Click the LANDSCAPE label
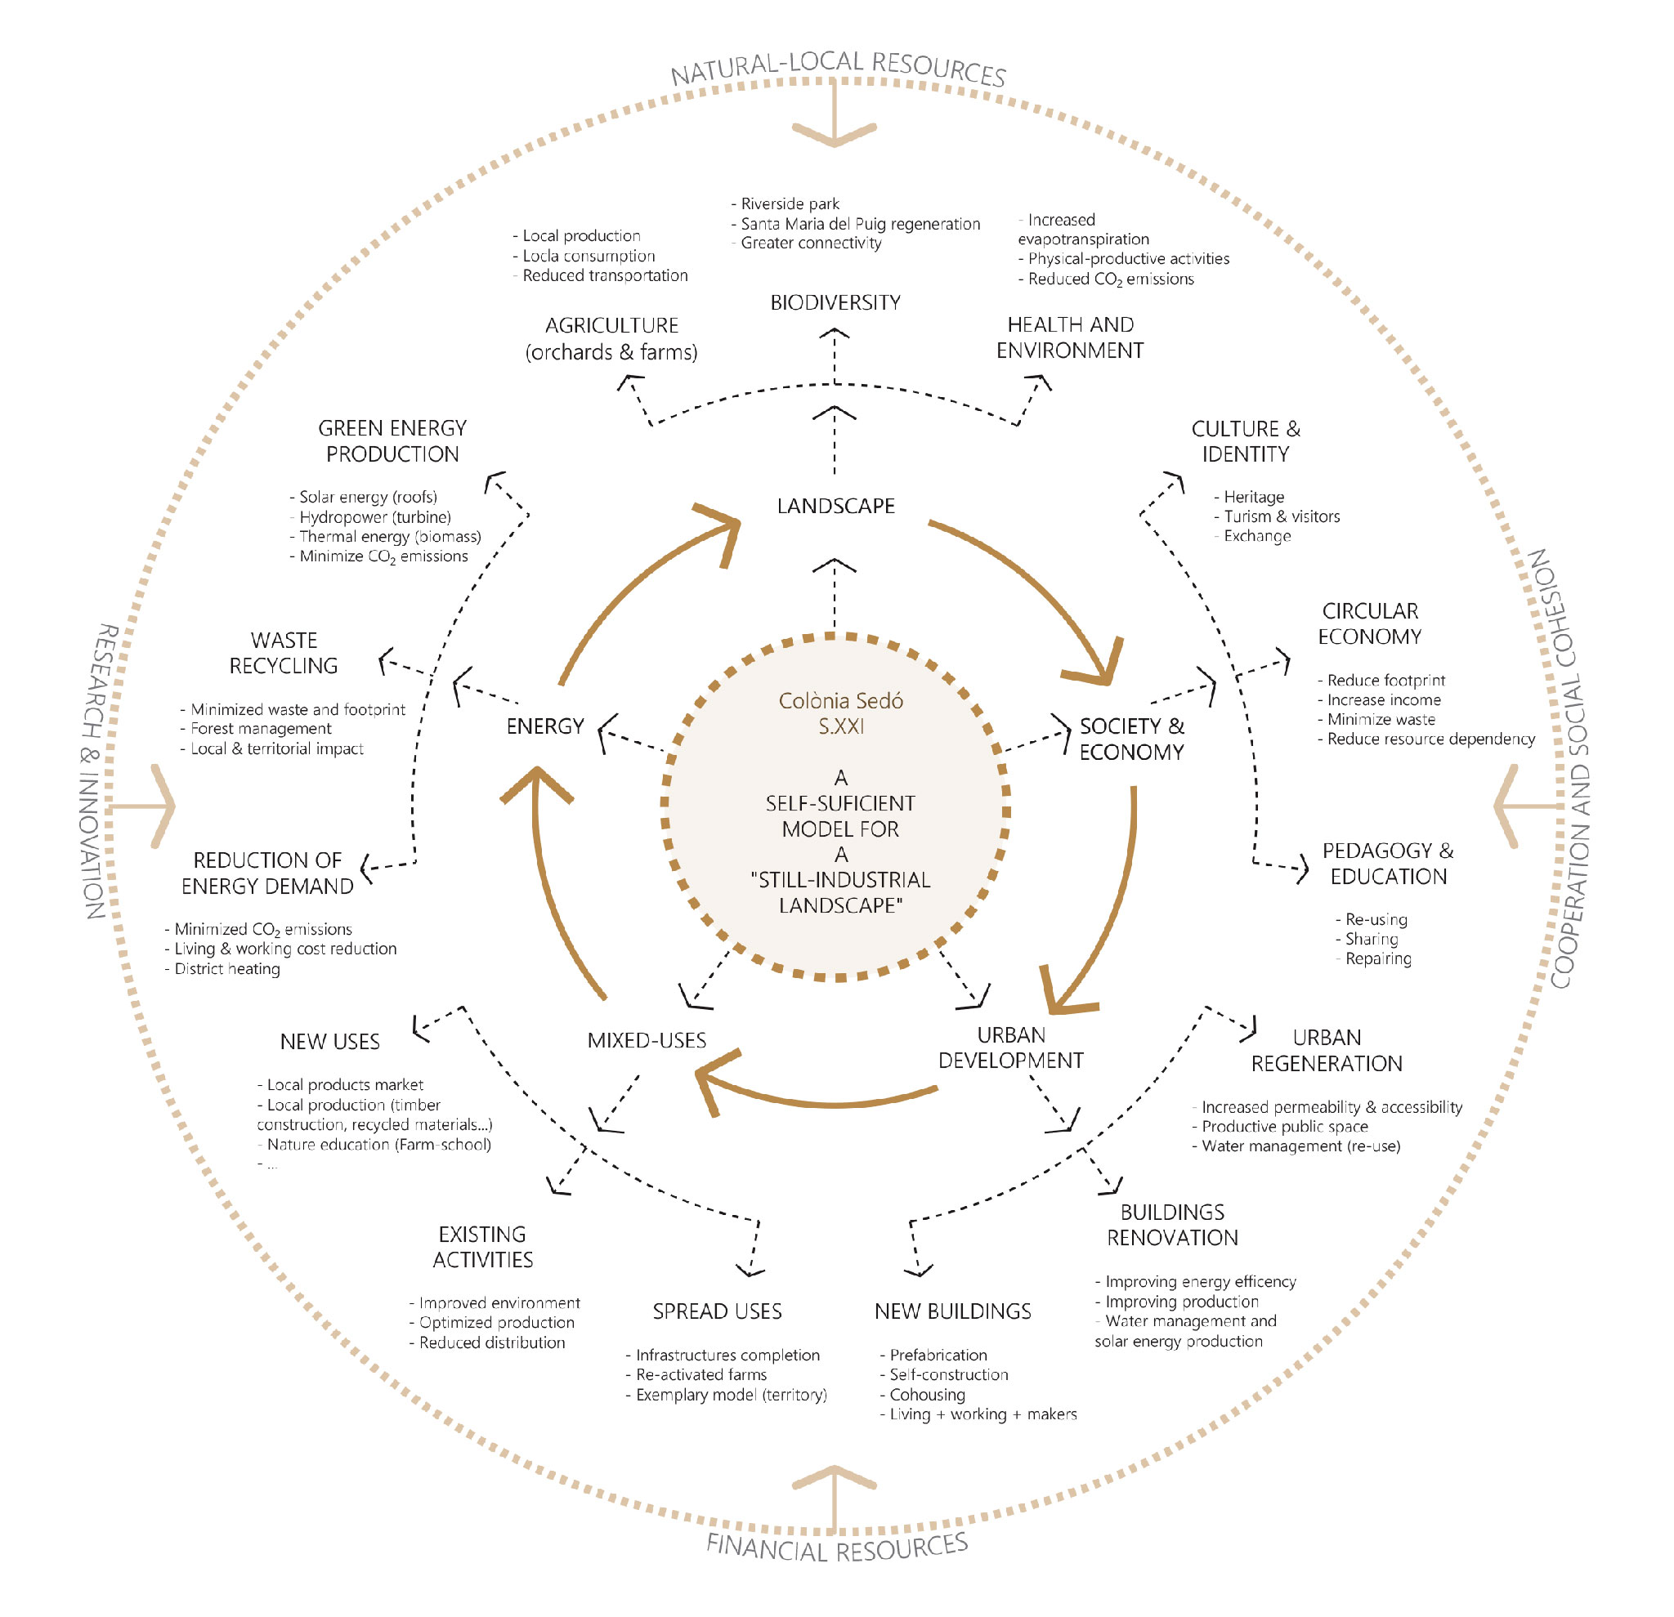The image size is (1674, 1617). pyautogui.click(x=835, y=507)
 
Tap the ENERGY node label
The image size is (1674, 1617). pyautogui.click(x=545, y=726)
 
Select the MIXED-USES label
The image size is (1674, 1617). pyautogui.click(x=647, y=1041)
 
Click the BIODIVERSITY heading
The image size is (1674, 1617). pyautogui.click(x=835, y=303)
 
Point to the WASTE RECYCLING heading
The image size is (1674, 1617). pyautogui.click(x=284, y=653)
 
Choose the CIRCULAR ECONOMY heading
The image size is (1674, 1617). pyautogui.click(x=1369, y=624)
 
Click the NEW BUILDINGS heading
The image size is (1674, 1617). pyautogui.click(x=952, y=1311)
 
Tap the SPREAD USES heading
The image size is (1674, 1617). pyautogui.click(x=718, y=1311)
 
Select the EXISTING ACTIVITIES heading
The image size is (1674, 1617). pyautogui.click(x=482, y=1248)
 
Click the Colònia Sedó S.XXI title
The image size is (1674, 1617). pyautogui.click(x=840, y=714)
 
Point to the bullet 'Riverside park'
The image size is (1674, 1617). pyautogui.click(x=785, y=204)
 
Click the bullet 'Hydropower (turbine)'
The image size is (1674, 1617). pyautogui.click(x=369, y=517)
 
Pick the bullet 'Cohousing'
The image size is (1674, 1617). pyautogui.click(x=922, y=1395)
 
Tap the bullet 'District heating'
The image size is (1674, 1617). pyautogui.click(x=222, y=969)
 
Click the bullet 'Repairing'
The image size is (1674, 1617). pyautogui.click(x=1373, y=958)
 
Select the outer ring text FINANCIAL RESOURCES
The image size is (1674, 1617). pyautogui.click(x=837, y=1546)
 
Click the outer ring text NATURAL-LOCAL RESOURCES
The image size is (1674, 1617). pyautogui.click(x=838, y=68)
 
